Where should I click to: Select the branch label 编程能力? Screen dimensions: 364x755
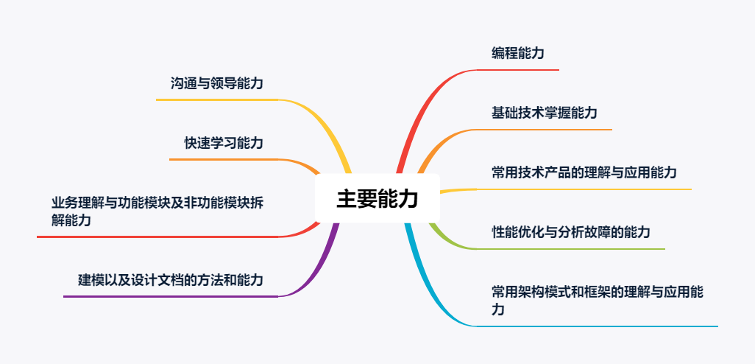[518, 53]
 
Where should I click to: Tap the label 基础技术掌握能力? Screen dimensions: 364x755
[545, 113]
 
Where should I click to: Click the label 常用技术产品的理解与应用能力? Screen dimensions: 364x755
[584, 173]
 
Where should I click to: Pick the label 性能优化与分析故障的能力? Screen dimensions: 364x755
[571, 233]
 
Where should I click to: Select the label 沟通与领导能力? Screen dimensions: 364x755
[217, 84]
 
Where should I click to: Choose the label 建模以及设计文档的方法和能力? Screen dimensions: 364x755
[171, 280]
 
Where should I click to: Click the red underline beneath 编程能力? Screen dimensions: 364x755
[519, 70]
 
